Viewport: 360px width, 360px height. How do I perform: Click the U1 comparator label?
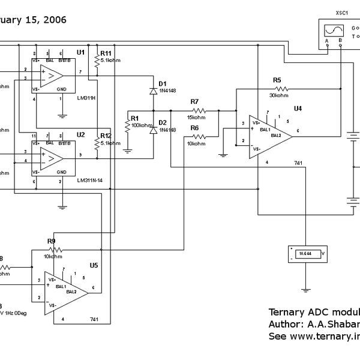tap(80, 53)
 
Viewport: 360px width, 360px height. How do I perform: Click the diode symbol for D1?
tap(153, 91)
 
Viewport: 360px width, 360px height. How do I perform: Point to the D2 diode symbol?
tap(153, 130)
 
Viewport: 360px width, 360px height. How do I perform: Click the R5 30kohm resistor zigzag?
tap(279, 89)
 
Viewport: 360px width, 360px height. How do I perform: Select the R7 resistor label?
tap(194, 102)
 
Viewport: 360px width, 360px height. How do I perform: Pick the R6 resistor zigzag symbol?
tap(197, 136)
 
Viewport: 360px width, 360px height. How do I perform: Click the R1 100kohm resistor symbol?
tap(127, 126)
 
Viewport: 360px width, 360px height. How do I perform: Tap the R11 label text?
tap(106, 53)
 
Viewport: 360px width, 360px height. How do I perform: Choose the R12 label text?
tap(106, 136)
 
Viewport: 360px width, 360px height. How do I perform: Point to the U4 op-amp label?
tap(298, 109)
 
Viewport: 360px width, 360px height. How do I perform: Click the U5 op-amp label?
tap(94, 265)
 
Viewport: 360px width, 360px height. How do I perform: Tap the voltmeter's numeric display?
tap(304, 254)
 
